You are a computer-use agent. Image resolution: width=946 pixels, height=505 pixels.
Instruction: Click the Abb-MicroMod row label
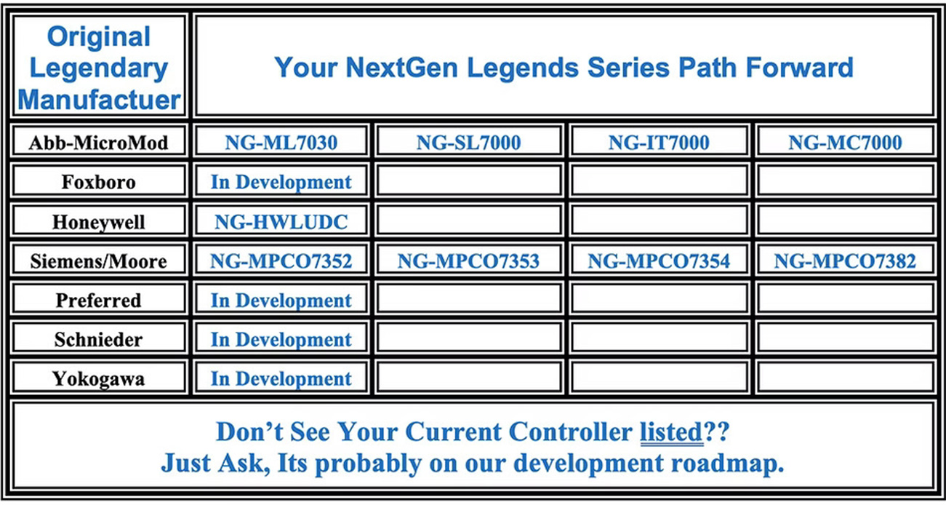(x=98, y=143)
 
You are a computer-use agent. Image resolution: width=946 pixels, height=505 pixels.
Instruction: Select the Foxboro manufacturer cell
(x=98, y=182)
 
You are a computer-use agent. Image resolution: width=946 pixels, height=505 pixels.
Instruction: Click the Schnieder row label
(x=98, y=339)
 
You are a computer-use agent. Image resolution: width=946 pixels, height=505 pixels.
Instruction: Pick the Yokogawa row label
(x=98, y=378)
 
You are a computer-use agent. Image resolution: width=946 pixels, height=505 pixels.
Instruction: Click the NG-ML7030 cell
(x=281, y=143)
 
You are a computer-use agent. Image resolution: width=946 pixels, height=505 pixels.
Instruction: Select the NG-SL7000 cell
(x=468, y=143)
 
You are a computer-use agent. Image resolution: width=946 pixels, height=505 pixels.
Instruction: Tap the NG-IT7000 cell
(x=659, y=143)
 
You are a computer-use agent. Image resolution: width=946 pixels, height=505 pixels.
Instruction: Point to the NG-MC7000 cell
(x=845, y=143)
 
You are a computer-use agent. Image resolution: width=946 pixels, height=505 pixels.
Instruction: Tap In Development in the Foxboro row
(x=281, y=183)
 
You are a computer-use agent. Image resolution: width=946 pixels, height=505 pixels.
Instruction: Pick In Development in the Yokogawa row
(x=281, y=379)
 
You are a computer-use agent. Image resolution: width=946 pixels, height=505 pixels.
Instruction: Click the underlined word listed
(x=671, y=432)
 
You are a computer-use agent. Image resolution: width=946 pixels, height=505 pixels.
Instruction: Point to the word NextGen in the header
(x=401, y=68)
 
